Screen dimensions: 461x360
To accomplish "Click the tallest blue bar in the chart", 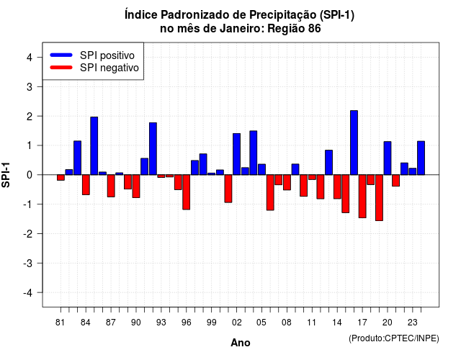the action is tap(354, 143).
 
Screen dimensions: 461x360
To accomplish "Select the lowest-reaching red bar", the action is tap(380, 197).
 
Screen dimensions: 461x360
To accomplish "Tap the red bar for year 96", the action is tap(186, 192).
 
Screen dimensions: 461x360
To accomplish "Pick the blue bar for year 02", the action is tap(237, 154).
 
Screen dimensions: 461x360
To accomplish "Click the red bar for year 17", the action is tap(362, 196).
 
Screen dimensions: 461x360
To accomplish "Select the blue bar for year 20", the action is tap(388, 158).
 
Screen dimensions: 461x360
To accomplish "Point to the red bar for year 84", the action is tap(86, 184).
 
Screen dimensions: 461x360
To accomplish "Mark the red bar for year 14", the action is tap(337, 186).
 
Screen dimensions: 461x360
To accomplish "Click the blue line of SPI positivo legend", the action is tap(61, 55).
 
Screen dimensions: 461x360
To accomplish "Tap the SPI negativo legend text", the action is tap(109, 68).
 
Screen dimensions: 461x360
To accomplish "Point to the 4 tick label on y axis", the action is tap(30, 58).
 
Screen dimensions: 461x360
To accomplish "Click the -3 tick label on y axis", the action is tap(27, 264).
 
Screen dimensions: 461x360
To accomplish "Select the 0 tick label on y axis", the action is tap(30, 175).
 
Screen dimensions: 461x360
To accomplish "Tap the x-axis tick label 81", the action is tap(61, 323).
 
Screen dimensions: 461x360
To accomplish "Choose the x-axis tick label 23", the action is tap(413, 323).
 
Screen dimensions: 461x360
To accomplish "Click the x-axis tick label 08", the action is tap(287, 323).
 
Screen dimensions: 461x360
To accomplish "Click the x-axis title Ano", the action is tap(241, 343).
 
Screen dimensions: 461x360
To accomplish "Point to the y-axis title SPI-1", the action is tap(6, 175).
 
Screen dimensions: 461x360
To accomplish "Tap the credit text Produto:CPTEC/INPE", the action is tap(394, 338).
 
